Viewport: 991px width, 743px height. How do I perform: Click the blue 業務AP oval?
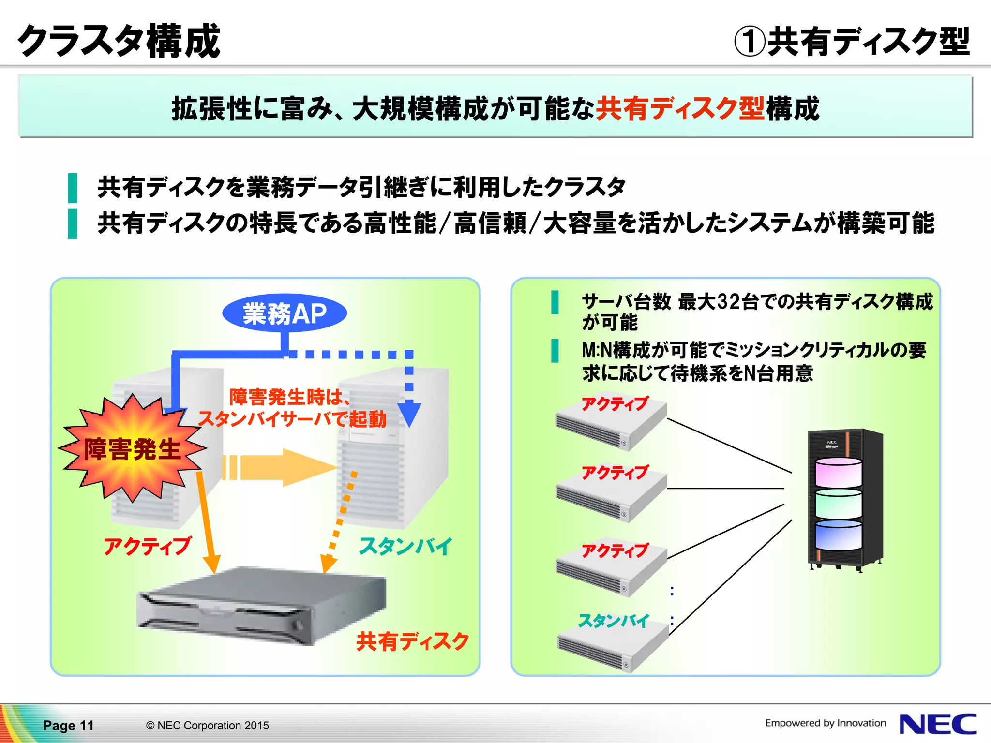[x=285, y=313]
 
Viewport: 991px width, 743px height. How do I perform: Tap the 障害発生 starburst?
[x=132, y=449]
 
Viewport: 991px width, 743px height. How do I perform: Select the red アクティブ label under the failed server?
[x=148, y=546]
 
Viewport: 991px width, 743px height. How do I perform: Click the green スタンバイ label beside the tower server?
[x=405, y=546]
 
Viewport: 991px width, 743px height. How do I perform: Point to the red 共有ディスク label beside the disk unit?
[x=413, y=641]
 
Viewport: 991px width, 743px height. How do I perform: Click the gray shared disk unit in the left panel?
[x=261, y=607]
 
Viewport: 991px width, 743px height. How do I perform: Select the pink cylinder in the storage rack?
[x=839, y=473]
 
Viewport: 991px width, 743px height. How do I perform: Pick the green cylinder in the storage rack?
[x=839, y=504]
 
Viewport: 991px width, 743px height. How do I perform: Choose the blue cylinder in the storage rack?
[x=839, y=535]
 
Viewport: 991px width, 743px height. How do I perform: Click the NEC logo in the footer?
[x=938, y=724]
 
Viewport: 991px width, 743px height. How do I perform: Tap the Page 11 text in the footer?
[x=68, y=726]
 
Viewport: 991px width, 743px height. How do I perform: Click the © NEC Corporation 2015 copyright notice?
[x=207, y=726]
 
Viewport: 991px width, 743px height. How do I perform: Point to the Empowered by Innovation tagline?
[x=825, y=723]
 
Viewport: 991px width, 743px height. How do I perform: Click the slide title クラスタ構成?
[x=119, y=41]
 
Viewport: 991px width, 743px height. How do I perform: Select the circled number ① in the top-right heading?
[x=749, y=42]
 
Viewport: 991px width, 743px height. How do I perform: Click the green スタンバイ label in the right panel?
[x=614, y=621]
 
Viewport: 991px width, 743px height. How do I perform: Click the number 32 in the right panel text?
[x=728, y=302]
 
